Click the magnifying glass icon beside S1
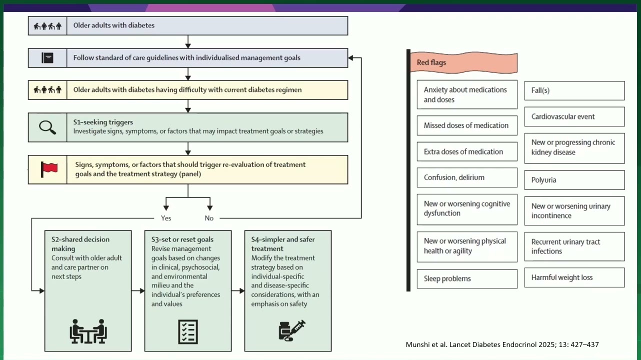[x=47, y=127]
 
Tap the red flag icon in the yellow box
[x=49, y=169]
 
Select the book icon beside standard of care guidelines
[x=47, y=58]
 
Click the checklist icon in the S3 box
[x=188, y=332]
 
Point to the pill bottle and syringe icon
[x=292, y=330]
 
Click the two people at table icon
[x=88, y=331]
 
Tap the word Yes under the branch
[x=166, y=218]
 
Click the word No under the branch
[x=209, y=218]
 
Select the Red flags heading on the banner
[x=431, y=62]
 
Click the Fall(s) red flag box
[x=574, y=90]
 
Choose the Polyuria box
[x=574, y=180]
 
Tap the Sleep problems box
[x=467, y=278]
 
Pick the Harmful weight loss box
[x=574, y=277]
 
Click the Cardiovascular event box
[x=574, y=117]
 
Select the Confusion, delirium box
[x=467, y=177]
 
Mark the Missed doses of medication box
[x=467, y=125]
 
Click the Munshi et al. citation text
[x=502, y=344]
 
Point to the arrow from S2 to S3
[x=138, y=290]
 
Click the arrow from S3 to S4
[x=238, y=290]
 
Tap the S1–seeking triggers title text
[x=103, y=122]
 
